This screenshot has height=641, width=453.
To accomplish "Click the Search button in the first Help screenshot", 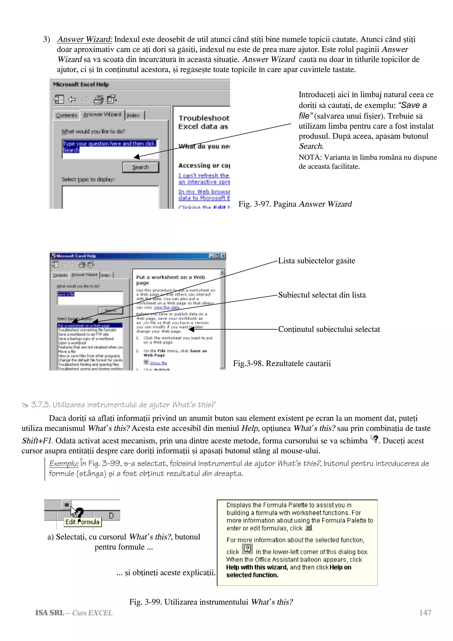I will (x=140, y=167).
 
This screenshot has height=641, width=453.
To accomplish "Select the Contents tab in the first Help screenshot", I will (x=66, y=115).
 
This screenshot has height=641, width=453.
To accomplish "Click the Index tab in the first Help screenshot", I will (x=133, y=115).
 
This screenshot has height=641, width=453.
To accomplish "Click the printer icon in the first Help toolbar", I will (x=98, y=99).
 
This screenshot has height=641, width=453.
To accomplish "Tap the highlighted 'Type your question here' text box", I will (x=109, y=147).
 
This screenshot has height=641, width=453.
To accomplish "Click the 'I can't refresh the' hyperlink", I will (x=204, y=176).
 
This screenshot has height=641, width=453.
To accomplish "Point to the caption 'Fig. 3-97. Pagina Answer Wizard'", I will (x=295, y=204).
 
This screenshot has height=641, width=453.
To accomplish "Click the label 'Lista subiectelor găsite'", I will (x=317, y=261).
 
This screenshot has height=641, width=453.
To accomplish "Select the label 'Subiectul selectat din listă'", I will (x=322, y=295).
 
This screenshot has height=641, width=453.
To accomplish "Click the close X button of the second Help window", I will (x=223, y=256).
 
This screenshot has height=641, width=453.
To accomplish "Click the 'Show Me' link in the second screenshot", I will (x=158, y=363).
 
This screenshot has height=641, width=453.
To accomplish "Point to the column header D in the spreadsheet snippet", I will (x=111, y=516).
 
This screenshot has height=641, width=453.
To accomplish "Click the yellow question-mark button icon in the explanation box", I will (x=247, y=549).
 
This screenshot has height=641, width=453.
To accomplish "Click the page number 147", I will (x=425, y=612).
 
